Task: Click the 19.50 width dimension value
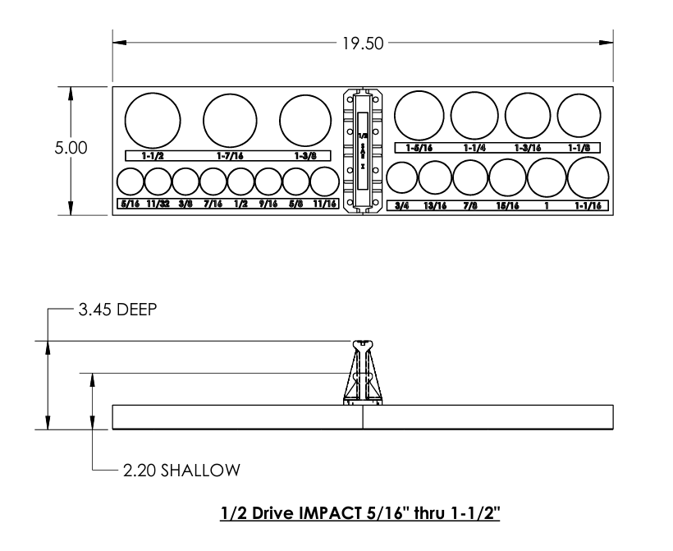pyautogui.click(x=362, y=43)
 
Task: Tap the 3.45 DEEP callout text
pyautogui.click(x=110, y=311)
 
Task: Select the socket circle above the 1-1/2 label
pyautogui.click(x=153, y=118)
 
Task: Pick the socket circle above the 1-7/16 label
pyautogui.click(x=231, y=120)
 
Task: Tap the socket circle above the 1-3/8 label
pyautogui.click(x=304, y=121)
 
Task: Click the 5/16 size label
pyautogui.click(x=130, y=204)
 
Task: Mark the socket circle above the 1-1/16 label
pyautogui.click(x=588, y=177)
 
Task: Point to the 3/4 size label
pyautogui.click(x=401, y=205)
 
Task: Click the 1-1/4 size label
pyautogui.click(x=474, y=148)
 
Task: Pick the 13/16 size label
pyautogui.click(x=435, y=205)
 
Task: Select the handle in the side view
pyautogui.click(x=363, y=373)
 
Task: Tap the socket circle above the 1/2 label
pyautogui.click(x=241, y=181)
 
